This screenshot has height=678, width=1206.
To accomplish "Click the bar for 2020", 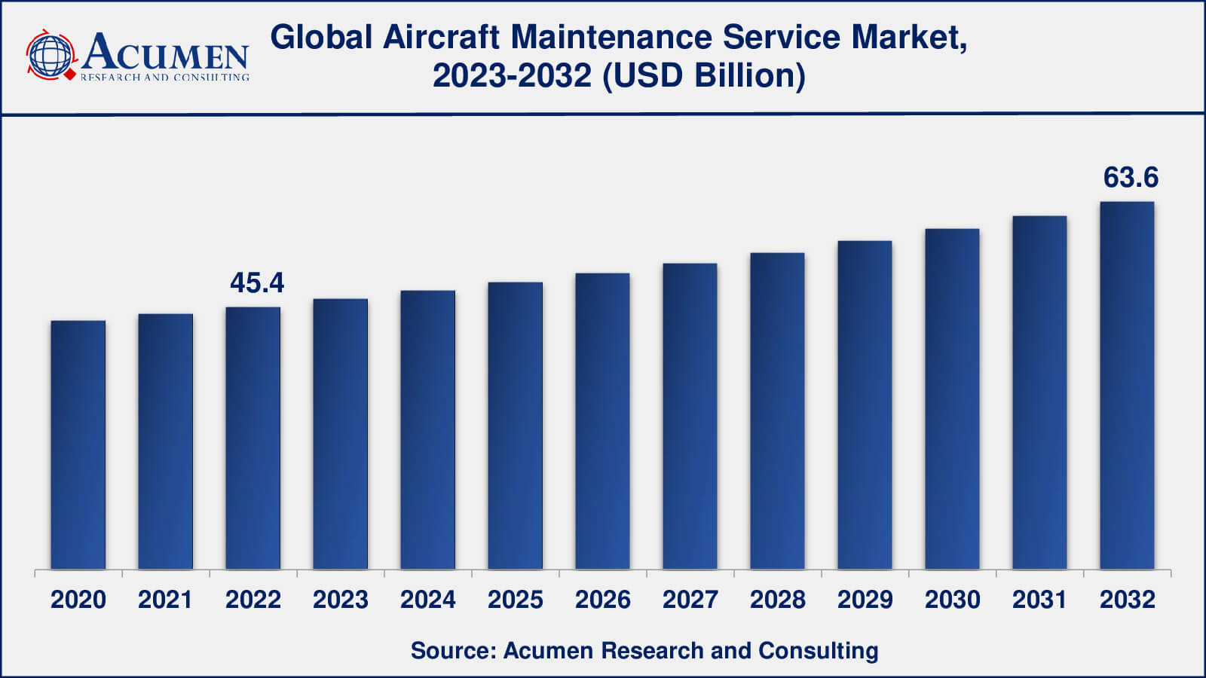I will click(x=78, y=444).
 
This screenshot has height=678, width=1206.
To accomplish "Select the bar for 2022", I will click(x=253, y=438).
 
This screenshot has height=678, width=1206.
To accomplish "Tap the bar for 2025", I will click(x=516, y=426).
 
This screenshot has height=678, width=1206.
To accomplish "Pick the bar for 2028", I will click(x=777, y=411).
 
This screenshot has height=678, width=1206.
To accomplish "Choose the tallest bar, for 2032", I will click(x=1127, y=385).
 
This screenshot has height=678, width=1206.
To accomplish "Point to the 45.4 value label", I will click(x=257, y=283).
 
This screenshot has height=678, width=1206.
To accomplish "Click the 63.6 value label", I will click(x=1131, y=178).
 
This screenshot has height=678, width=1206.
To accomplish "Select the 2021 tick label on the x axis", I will click(x=166, y=600).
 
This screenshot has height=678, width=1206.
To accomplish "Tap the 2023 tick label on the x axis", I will click(x=341, y=600).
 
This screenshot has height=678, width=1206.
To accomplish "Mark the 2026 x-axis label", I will click(x=603, y=600).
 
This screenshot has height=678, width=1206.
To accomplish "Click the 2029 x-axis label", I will click(x=865, y=600).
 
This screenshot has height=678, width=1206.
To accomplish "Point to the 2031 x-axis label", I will click(x=1039, y=600).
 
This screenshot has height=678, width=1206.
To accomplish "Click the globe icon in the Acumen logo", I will click(x=51, y=54).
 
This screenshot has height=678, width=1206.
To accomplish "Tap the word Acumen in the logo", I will click(x=165, y=53).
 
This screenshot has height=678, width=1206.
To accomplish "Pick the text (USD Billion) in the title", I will click(x=703, y=75).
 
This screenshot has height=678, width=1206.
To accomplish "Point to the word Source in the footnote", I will click(x=449, y=650).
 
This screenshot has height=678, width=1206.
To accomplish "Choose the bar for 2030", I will click(x=952, y=399).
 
